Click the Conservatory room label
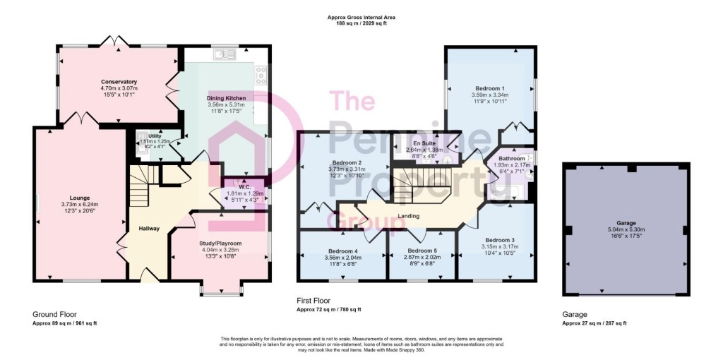point(119,82)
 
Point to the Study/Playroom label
point(222,242)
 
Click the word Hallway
point(149,228)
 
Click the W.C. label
point(241,186)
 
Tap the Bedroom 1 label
point(490,88)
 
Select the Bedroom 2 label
point(346,162)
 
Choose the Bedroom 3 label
point(498,240)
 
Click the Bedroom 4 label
point(343,251)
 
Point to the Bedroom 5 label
point(422,251)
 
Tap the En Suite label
point(426,143)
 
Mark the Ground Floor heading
point(55,314)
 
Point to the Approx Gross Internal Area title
point(361,17)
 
